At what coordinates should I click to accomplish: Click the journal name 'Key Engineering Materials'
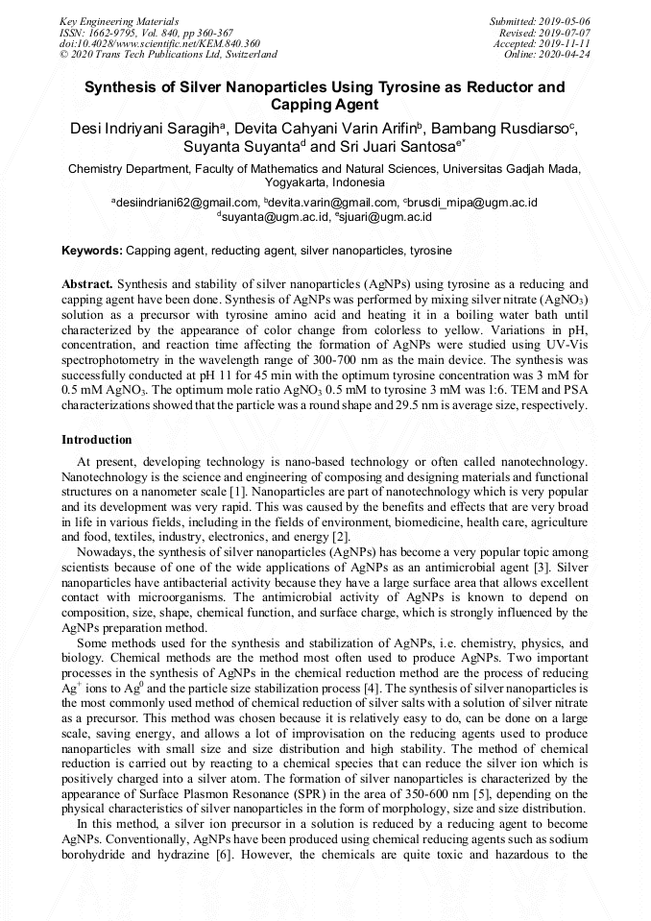[x=120, y=21]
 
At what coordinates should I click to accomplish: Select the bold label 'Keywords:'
[x=92, y=251]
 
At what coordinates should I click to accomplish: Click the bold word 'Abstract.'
[x=87, y=284]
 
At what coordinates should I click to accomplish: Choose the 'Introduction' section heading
[x=97, y=440]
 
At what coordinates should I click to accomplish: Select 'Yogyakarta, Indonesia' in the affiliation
[x=325, y=182]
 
